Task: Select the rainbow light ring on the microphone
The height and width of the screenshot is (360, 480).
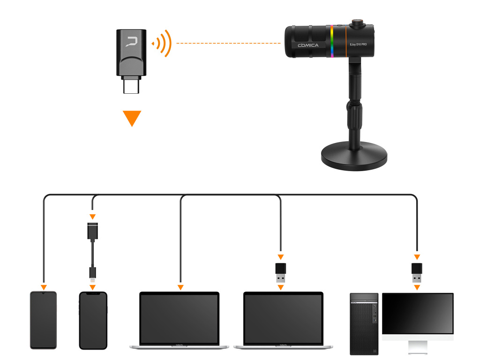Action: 332,41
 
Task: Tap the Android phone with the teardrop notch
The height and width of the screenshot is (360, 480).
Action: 43,320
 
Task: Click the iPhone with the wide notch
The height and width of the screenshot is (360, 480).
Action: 93,320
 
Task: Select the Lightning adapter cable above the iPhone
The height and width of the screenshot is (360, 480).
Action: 93,251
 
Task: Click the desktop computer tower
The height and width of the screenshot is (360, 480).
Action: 364,323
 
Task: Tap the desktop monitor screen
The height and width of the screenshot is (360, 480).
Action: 418,313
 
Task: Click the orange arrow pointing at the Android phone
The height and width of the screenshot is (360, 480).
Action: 43,287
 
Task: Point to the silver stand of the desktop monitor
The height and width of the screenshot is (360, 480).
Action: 418,346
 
